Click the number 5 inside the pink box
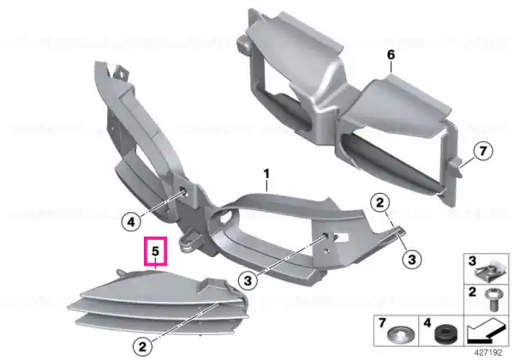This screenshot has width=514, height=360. click(x=155, y=251)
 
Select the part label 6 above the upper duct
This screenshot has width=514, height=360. click(x=391, y=55)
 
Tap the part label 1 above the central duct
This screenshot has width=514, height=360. click(x=266, y=174)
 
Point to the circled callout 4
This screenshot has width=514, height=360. click(x=131, y=222)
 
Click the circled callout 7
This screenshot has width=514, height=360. click(x=483, y=152)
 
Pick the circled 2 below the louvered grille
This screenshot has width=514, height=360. click(x=142, y=346)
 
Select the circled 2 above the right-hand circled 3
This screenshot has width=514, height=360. click(x=380, y=202)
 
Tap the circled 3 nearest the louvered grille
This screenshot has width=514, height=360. click(x=248, y=280)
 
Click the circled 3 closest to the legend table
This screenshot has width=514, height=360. click(x=412, y=260)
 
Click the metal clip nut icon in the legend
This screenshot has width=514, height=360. click(x=487, y=271)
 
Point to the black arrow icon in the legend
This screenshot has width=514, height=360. click(x=485, y=332)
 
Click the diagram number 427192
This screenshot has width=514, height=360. click(x=488, y=353)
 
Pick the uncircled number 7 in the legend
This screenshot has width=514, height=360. click(x=382, y=323)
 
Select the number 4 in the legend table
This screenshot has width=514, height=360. click(x=427, y=323)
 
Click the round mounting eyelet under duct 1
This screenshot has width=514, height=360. click(x=188, y=243)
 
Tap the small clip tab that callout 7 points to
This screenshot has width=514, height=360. click(x=457, y=165)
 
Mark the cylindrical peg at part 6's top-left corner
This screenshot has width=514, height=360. click(x=242, y=45)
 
